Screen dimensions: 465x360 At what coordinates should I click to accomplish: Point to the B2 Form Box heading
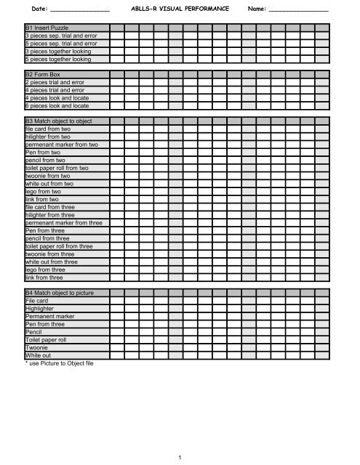44,74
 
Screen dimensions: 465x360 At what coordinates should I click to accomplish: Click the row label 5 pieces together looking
57,59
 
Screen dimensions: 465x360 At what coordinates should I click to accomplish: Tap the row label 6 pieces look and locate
57,105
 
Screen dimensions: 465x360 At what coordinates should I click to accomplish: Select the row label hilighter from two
48,137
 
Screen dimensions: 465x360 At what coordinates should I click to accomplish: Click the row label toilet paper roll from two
57,168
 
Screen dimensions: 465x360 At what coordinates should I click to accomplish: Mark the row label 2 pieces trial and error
54,82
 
